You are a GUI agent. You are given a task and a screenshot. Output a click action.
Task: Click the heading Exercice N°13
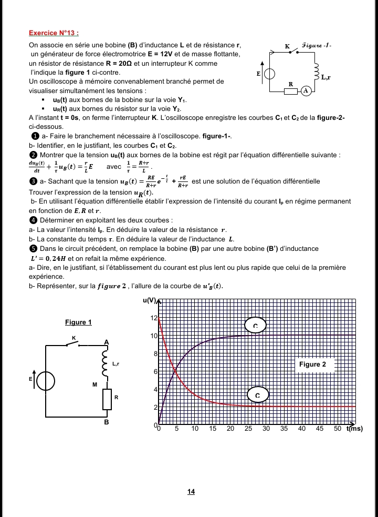54,33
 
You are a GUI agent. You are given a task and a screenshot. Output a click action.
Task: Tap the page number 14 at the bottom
191,492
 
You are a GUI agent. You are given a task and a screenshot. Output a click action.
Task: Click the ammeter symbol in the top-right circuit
306,90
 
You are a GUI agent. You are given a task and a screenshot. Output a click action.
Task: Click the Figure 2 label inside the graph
312,364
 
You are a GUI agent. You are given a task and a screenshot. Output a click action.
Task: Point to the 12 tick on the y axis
154,319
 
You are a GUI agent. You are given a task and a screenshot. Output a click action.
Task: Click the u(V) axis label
150,301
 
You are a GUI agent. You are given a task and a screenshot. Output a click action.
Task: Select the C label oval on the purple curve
256,325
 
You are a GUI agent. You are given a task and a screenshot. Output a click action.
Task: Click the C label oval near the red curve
257,394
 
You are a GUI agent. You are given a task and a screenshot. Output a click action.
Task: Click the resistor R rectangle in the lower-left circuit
107,398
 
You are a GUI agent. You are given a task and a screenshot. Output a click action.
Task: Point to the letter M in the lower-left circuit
95,384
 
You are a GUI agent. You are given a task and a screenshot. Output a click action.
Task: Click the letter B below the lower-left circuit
106,422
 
